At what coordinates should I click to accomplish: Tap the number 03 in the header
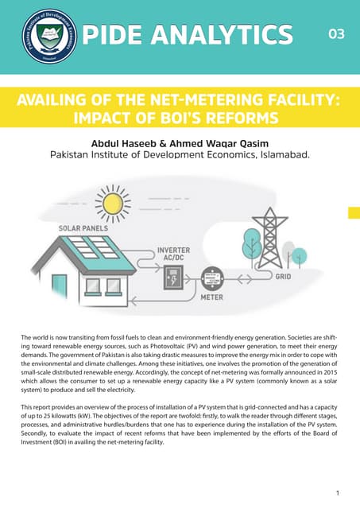(x=335, y=34)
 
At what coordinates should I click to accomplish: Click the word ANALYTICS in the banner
(x=230, y=35)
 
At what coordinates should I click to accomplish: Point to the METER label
(x=211, y=297)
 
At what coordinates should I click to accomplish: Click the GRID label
(x=284, y=276)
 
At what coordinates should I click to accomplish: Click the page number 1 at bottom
(x=339, y=493)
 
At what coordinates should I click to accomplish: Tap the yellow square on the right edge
(x=354, y=212)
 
